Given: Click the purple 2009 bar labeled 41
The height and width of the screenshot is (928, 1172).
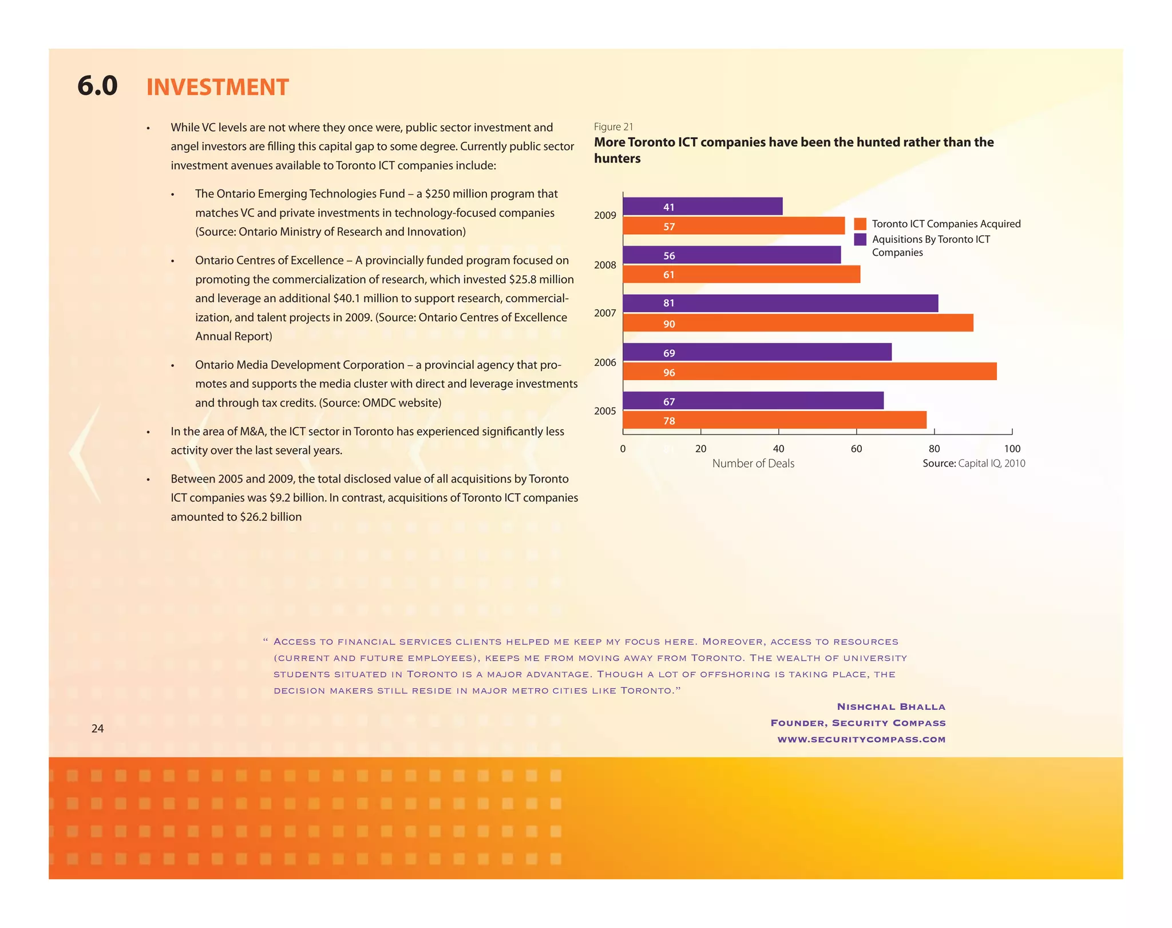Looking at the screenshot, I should (702, 207).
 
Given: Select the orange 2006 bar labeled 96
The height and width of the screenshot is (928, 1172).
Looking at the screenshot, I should (809, 372).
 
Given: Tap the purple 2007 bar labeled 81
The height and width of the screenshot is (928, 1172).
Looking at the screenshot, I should (780, 303).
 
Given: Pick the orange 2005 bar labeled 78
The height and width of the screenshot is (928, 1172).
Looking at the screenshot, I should (774, 421).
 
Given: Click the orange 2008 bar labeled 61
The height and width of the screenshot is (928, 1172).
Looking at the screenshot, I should (741, 275).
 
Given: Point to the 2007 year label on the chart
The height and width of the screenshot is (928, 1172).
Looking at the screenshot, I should (605, 314).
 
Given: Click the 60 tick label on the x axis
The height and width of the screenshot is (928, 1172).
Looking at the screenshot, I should (856, 449).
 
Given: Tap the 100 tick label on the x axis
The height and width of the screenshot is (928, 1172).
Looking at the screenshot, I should (1012, 449).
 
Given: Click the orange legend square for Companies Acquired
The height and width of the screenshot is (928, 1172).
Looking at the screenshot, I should (860, 224).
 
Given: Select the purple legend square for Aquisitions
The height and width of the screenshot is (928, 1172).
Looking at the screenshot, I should (860, 239).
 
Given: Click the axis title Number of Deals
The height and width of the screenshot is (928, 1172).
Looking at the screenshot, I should (753, 464).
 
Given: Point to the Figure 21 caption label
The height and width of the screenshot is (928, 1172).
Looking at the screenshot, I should (613, 127).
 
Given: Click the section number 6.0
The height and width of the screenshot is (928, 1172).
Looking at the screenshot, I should (97, 86).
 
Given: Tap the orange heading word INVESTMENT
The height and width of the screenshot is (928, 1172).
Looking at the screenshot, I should (217, 88).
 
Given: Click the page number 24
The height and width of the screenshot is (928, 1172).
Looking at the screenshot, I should (97, 729).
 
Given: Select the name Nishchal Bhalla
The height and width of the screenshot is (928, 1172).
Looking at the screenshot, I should (891, 707).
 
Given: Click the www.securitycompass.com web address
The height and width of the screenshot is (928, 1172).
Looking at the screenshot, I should (861, 740).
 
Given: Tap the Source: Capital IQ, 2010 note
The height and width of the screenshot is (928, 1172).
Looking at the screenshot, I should (973, 464).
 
